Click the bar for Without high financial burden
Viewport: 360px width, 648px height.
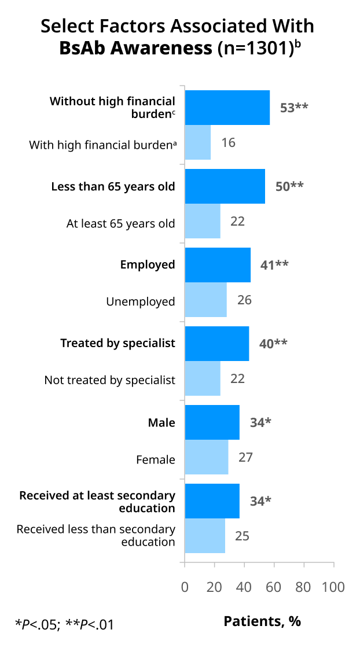point(227,108)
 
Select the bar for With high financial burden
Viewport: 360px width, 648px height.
point(197,142)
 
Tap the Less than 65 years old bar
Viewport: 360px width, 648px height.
point(225,186)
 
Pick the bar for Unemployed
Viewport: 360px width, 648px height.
point(206,300)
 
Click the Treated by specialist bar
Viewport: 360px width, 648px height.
point(217,344)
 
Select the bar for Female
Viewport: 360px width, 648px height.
point(207,456)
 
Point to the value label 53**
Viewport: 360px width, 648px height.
point(294,108)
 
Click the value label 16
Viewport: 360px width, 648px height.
point(228,142)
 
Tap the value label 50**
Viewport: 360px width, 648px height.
point(289,186)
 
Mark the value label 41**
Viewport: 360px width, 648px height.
point(274,264)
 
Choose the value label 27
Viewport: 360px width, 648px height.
point(245,457)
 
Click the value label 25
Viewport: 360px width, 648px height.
point(243,536)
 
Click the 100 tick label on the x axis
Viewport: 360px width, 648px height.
point(333,587)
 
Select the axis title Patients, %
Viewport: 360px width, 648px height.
point(262,621)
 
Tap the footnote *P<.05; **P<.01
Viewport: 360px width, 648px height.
point(64,623)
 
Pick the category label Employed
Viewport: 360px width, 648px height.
point(148,265)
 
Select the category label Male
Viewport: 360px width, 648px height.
point(161,422)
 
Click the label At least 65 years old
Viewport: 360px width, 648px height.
point(121,223)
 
